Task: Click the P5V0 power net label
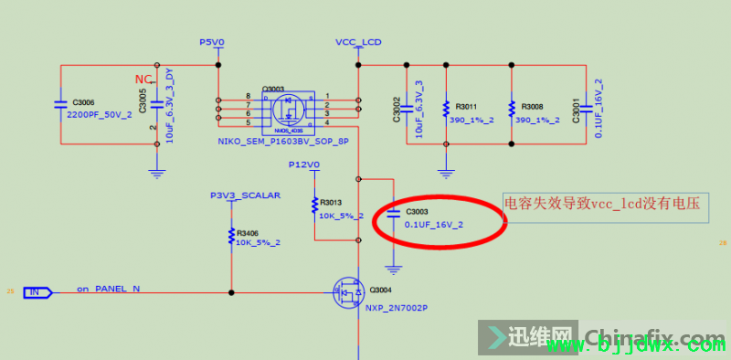pos(211,42)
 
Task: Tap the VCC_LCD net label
pos(358,42)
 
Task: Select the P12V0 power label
pos(303,164)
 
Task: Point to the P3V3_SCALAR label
pos(245,196)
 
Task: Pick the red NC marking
pos(143,80)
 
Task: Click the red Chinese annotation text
pos(602,206)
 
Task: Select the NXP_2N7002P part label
pos(396,308)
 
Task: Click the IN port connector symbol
pos(37,291)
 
